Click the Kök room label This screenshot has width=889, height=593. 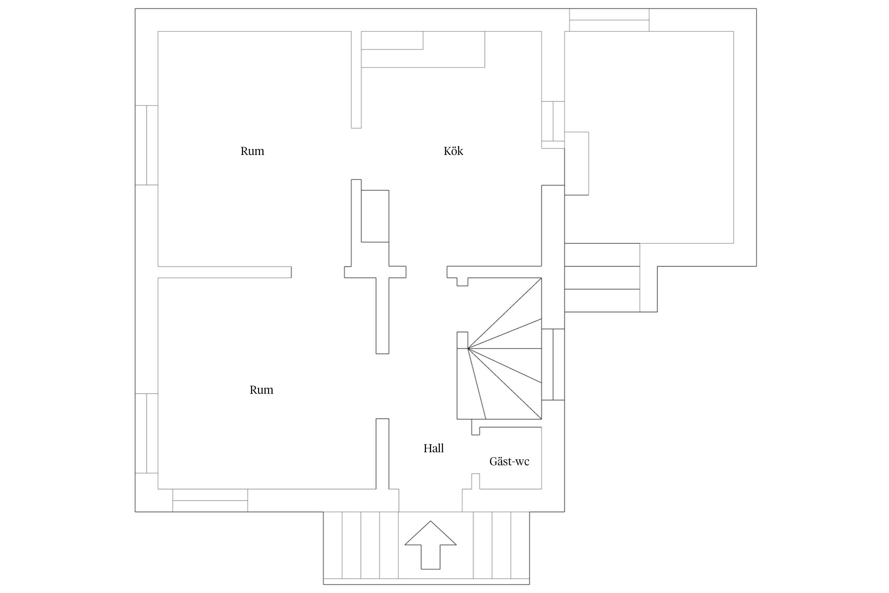(453, 151)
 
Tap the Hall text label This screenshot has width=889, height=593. (433, 448)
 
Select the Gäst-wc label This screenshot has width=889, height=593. (509, 461)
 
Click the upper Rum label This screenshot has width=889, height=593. (252, 151)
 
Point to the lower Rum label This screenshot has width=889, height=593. (261, 390)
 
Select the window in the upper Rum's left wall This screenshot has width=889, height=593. (147, 145)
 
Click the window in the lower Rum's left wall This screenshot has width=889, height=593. (147, 433)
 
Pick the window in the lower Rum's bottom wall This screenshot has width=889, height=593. (210, 500)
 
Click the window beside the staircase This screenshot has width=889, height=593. (553, 364)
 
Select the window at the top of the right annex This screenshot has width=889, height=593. (609, 20)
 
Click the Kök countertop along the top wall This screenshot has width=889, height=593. (423, 49)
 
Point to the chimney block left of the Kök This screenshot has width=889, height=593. (375, 216)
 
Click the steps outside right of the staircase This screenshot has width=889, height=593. (602, 278)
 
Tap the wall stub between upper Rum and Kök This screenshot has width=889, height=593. (356, 79)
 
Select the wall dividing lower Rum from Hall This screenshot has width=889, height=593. (382, 454)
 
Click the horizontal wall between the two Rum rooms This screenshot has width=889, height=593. (224, 272)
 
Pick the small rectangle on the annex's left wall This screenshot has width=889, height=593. (576, 163)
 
